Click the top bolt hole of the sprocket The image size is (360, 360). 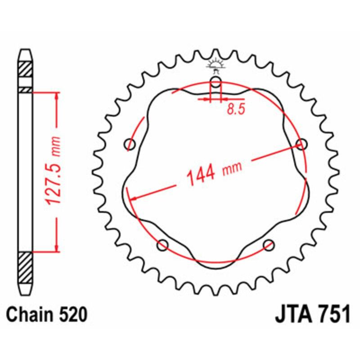(216, 82)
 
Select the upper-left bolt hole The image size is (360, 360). (130, 144)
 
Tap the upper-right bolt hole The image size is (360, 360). (301, 144)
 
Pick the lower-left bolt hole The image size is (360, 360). (163, 245)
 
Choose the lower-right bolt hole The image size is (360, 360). (269, 245)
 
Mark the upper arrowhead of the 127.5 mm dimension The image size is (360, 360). (56, 96)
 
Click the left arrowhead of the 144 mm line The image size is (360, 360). (132, 198)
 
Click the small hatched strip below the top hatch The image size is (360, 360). (25, 90)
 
